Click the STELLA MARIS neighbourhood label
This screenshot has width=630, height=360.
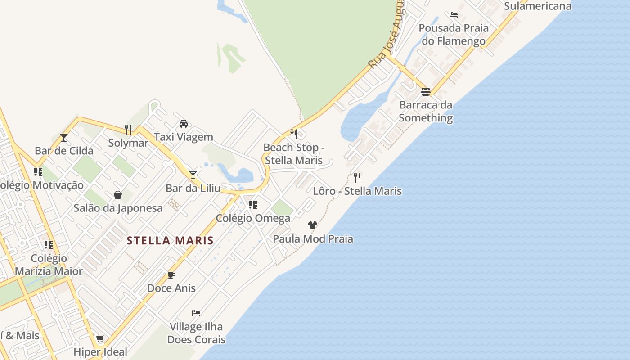tap(170, 240)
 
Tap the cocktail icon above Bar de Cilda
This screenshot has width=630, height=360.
tap(64, 137)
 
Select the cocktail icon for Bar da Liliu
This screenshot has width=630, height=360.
tap(193, 175)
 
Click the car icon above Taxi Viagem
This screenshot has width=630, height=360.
tap(184, 123)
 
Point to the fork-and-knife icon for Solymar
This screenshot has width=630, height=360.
tap(128, 130)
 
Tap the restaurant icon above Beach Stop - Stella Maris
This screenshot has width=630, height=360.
tap(294, 134)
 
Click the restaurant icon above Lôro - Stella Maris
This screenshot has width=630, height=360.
tap(357, 177)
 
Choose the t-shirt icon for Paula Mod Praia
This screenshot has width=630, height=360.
tap(313, 225)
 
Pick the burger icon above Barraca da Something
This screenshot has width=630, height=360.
tap(426, 92)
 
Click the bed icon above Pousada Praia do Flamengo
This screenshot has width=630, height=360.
tap(454, 15)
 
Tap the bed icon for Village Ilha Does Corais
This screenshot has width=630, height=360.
tap(196, 313)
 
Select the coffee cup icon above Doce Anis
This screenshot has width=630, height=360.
tap(171, 275)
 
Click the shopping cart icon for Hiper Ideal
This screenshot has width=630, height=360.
tap(100, 338)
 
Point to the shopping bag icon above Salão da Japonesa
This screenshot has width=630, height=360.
tap(118, 195)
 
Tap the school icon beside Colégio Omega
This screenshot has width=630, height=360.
tap(253, 205)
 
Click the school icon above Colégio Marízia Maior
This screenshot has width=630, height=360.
tap(49, 245)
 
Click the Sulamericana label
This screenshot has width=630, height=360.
tap(537, 6)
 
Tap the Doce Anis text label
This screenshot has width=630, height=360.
tap(171, 288)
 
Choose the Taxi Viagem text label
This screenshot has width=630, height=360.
tap(184, 137)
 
